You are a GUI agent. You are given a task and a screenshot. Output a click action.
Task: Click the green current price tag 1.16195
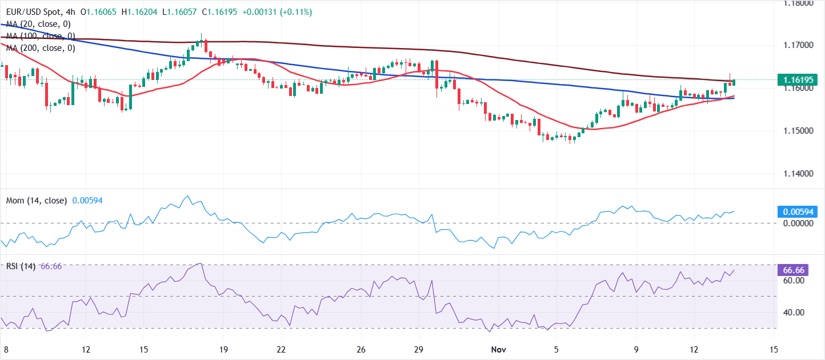tap(798, 81)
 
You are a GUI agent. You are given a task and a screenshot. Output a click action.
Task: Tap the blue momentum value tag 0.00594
tap(798, 212)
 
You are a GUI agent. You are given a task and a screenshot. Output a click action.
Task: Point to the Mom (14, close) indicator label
tap(37, 201)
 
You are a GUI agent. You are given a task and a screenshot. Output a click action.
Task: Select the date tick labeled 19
tap(223, 349)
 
